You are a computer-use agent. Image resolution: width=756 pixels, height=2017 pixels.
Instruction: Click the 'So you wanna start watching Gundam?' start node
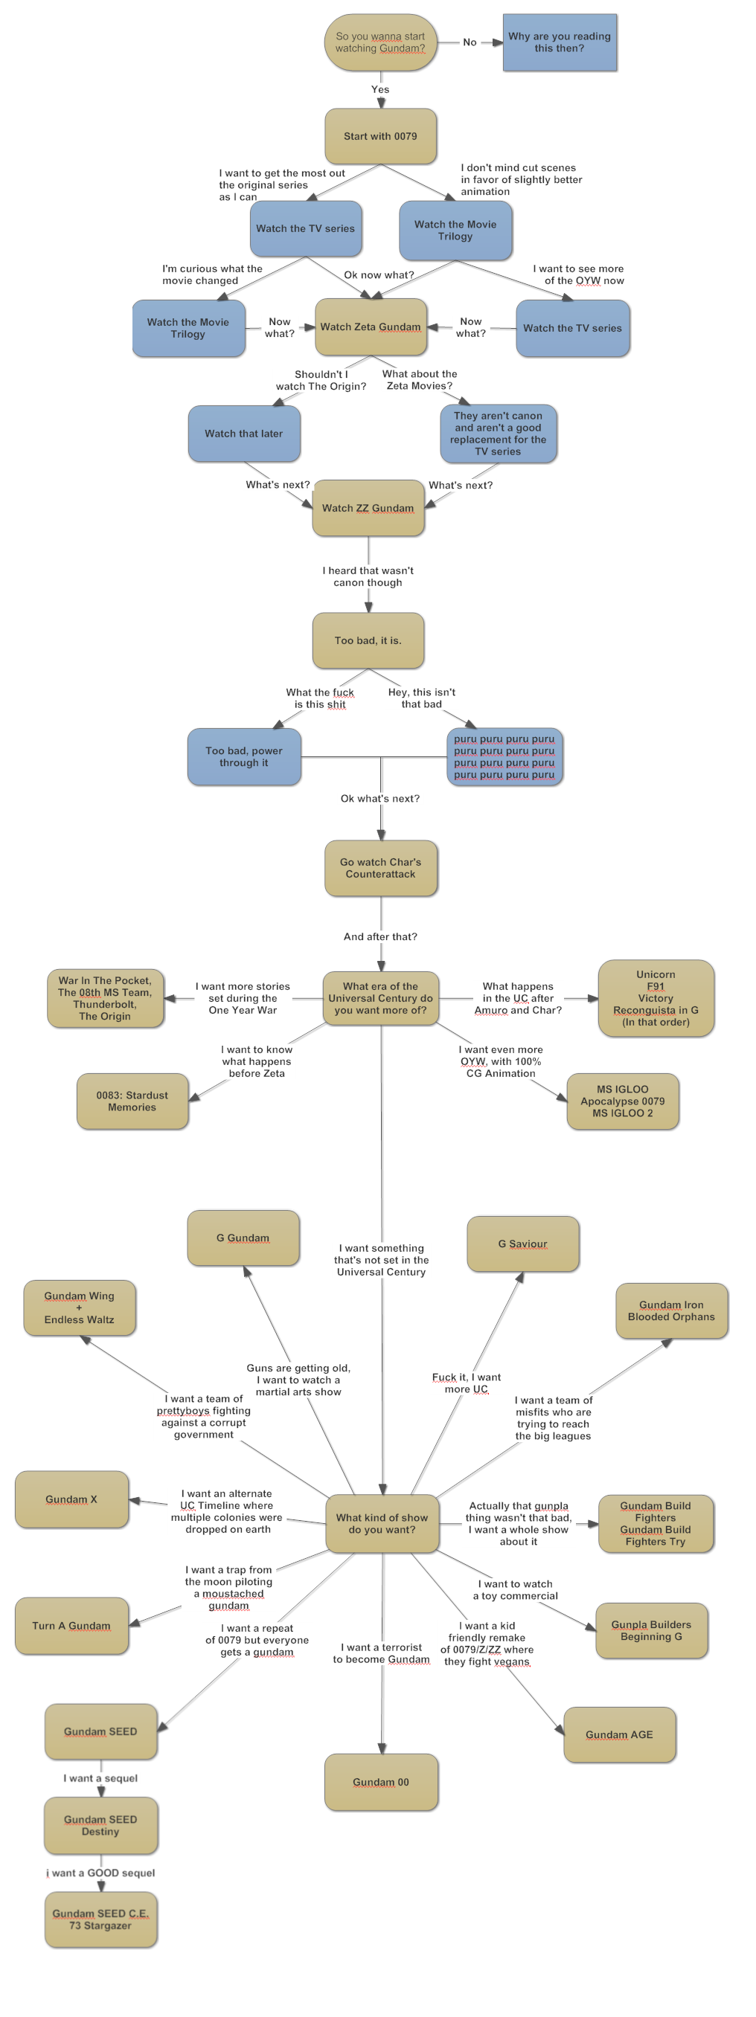click(x=381, y=42)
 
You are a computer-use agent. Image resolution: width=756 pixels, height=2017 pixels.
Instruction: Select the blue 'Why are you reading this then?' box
click(x=560, y=42)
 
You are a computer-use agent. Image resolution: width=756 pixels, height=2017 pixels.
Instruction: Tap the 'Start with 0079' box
click(x=381, y=136)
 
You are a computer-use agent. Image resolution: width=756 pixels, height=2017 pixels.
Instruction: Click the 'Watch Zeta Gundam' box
click(x=371, y=326)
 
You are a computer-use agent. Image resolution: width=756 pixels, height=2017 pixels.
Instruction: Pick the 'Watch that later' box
click(x=243, y=433)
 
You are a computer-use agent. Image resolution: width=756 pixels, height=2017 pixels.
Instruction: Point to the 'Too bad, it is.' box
click(x=368, y=640)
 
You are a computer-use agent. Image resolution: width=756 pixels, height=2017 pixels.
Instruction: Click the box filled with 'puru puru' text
click(x=504, y=756)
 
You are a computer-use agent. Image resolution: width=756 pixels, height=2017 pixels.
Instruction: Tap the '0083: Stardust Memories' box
click(x=132, y=1101)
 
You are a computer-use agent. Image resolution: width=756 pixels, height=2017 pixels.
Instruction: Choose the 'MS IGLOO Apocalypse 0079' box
click(x=623, y=1101)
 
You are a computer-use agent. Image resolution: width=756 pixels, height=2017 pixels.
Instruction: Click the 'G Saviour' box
click(x=522, y=1244)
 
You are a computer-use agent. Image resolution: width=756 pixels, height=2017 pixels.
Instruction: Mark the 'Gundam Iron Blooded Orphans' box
click(x=671, y=1310)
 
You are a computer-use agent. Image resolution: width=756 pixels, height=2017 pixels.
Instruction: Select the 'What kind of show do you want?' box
click(x=382, y=1523)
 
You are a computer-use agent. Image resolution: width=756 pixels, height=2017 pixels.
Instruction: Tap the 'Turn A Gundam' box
click(x=71, y=1626)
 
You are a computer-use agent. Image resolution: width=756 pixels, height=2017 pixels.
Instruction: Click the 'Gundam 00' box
click(x=381, y=1782)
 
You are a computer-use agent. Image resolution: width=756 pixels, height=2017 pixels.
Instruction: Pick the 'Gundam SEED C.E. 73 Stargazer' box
click(x=101, y=1919)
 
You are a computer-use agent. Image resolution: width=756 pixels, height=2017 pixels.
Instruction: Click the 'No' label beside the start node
click(x=470, y=42)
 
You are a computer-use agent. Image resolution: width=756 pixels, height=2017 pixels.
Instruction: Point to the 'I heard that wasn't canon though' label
click(x=368, y=576)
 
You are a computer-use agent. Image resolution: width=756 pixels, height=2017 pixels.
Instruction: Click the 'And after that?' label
click(x=381, y=936)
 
